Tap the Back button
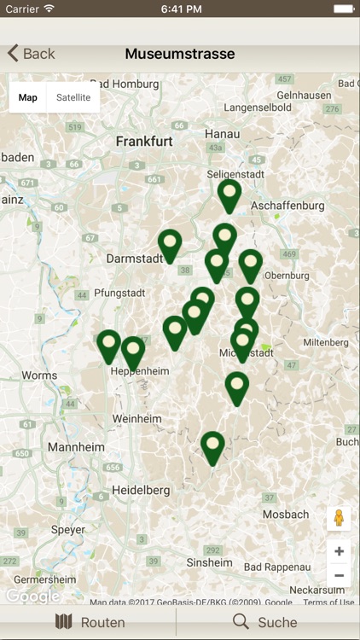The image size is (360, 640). point(31,54)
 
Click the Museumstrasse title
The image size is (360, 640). point(180,54)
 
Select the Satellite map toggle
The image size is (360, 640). point(73,97)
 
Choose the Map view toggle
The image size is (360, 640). point(28,97)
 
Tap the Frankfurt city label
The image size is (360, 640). point(145,141)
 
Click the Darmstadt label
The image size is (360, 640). point(134,258)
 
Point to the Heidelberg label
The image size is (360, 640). point(142,490)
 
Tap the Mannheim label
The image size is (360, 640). point(76,446)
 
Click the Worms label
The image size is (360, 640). point(39,375)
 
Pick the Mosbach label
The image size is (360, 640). point(286,515)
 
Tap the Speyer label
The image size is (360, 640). point(68,529)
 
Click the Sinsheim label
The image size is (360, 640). point(209,562)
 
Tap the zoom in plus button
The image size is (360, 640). point(339,551)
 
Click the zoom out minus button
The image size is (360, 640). point(339,576)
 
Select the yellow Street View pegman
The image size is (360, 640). point(339,519)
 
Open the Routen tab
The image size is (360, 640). point(90,622)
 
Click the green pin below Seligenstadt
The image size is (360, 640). point(229,193)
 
